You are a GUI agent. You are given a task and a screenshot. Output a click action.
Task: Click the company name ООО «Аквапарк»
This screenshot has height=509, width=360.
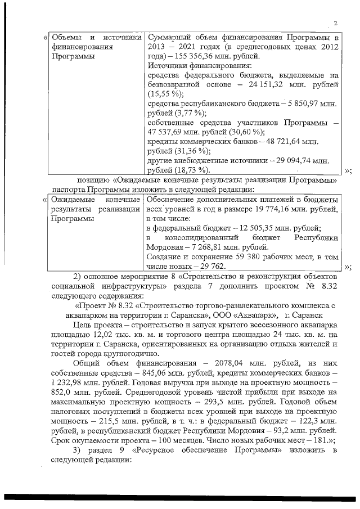pos(247,315)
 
